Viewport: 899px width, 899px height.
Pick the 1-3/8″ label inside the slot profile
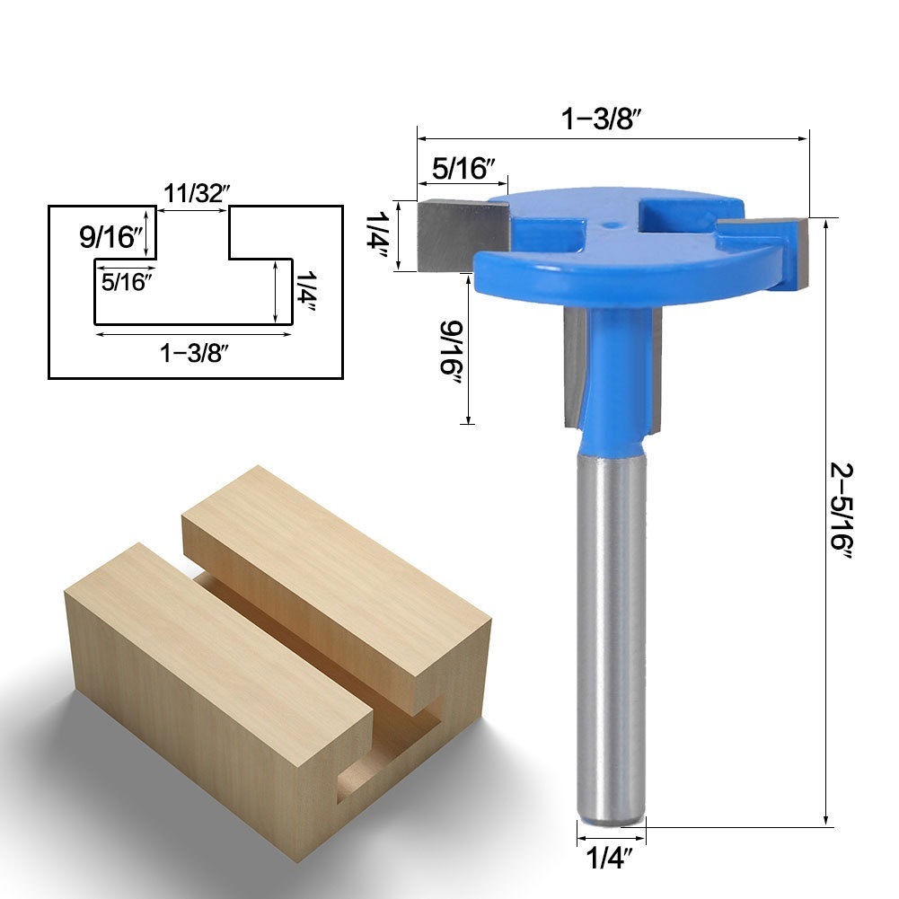coord(194,353)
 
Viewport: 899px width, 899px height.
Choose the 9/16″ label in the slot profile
coord(111,238)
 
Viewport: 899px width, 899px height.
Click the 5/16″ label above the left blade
coord(464,167)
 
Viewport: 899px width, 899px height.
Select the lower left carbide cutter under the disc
coord(575,368)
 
